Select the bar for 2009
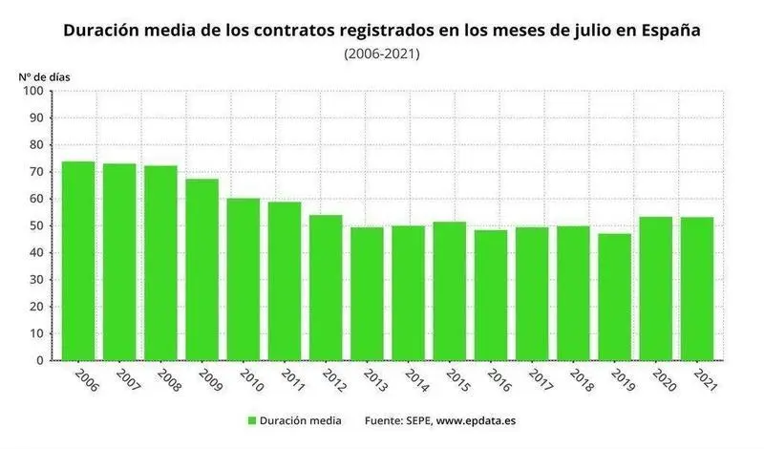pyautogui.click(x=202, y=269)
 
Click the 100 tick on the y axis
pyautogui.click(x=32, y=91)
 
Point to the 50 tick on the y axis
pyautogui.click(x=35, y=226)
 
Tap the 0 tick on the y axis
pyautogui.click(x=39, y=361)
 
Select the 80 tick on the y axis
pyautogui.click(x=35, y=145)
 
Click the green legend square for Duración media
pyautogui.click(x=252, y=420)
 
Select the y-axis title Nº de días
pyautogui.click(x=44, y=75)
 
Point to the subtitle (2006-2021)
pyautogui.click(x=382, y=53)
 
